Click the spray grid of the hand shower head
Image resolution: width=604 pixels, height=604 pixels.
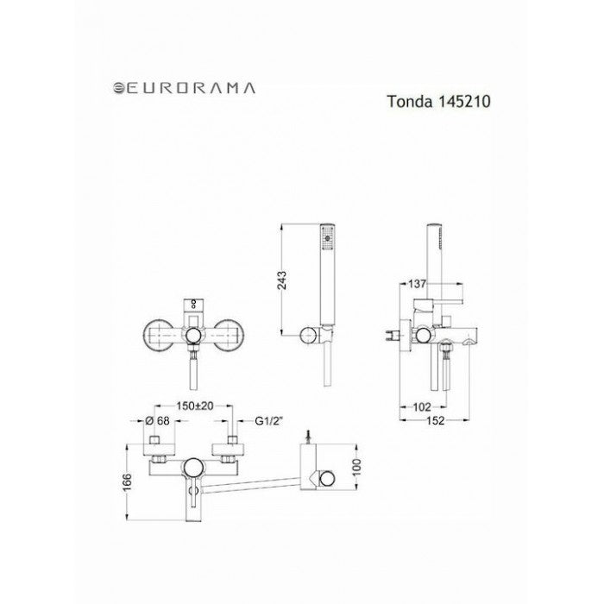click(x=325, y=236)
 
